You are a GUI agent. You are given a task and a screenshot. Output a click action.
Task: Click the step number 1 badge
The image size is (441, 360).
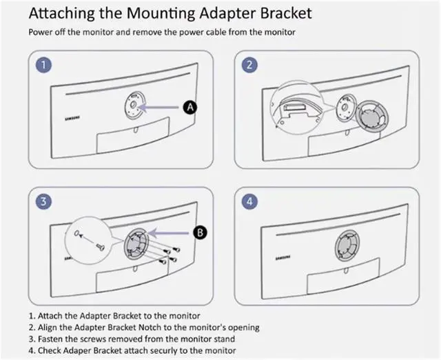pyautogui.click(x=45, y=66)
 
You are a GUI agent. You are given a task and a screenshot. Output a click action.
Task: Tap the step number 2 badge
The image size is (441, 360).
pyautogui.click(x=249, y=66)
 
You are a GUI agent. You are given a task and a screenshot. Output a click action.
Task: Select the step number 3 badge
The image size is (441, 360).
pyautogui.click(x=45, y=202)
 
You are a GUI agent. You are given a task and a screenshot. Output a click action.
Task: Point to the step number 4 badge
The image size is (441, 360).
pyautogui.click(x=249, y=202)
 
